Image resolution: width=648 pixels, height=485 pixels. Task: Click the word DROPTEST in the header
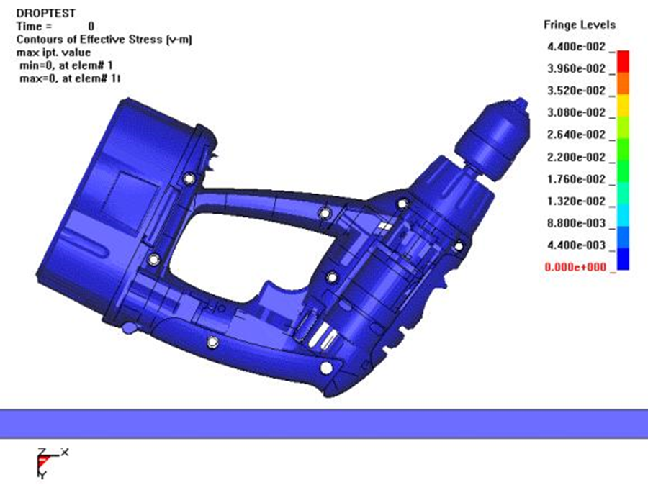click(46, 13)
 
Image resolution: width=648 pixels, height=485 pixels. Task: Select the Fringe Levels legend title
click(580, 24)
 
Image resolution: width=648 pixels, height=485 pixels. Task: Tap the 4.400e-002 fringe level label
click(576, 47)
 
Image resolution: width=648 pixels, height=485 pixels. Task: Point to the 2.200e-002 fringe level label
click(576, 157)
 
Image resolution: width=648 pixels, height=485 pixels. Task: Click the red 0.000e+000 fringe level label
click(575, 267)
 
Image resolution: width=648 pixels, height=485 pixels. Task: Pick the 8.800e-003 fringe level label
click(576, 223)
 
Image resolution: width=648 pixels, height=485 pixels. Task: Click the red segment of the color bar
click(624, 62)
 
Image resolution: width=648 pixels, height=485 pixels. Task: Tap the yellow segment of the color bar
click(624, 105)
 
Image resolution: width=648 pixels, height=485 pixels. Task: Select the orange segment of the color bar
click(624, 83)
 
